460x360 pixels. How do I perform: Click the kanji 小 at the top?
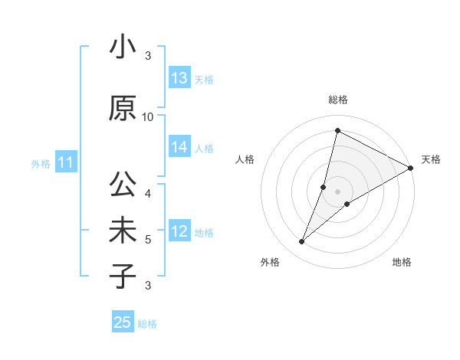(x=123, y=47)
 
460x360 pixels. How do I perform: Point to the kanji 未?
(x=123, y=231)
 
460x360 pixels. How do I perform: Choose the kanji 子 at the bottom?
(x=123, y=277)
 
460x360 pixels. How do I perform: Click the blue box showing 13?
(x=179, y=78)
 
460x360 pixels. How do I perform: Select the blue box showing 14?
(x=179, y=148)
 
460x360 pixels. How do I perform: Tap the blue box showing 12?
(x=179, y=232)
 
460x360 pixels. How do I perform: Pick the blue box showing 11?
(x=65, y=162)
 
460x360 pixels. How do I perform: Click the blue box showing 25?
(x=123, y=322)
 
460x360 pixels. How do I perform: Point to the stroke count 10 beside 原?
(x=148, y=116)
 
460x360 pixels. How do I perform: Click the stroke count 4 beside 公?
(x=148, y=193)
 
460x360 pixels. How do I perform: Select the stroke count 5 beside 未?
(x=148, y=240)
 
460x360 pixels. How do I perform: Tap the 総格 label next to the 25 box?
(x=147, y=324)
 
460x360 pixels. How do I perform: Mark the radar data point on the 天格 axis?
(x=411, y=169)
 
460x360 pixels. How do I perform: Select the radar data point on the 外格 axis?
(x=302, y=242)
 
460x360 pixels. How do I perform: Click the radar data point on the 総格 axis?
(x=337, y=131)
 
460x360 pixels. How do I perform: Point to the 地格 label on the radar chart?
(x=402, y=262)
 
